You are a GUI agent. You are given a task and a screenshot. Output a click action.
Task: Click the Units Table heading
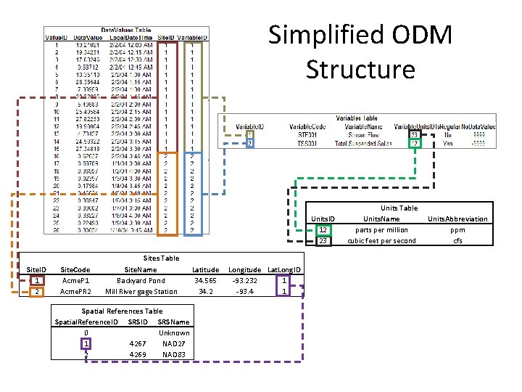pos(399,208)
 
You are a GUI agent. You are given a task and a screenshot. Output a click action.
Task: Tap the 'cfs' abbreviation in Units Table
pos(457,241)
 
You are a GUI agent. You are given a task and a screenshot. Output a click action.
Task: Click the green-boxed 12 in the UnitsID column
pos(323,230)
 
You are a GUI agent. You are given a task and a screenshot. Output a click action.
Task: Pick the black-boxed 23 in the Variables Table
pos(414,134)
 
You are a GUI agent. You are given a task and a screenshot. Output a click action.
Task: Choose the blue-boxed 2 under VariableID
pos(250,144)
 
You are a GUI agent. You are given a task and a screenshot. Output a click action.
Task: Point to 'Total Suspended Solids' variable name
pos(365,144)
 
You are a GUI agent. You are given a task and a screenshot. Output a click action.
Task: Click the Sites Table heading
pos(161,258)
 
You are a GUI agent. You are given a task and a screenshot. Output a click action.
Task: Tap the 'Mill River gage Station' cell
pos(141,292)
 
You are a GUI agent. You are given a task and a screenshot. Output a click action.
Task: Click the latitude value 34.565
pos(205,281)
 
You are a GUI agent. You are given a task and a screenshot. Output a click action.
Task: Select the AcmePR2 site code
pos(75,292)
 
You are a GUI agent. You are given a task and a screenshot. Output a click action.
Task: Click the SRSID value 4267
pos(137,343)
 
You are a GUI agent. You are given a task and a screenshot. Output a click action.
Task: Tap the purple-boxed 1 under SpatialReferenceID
pos(86,343)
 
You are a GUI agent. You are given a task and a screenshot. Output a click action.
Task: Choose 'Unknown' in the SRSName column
pos(174,332)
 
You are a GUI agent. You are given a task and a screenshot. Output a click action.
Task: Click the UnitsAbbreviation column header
pos(457,219)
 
